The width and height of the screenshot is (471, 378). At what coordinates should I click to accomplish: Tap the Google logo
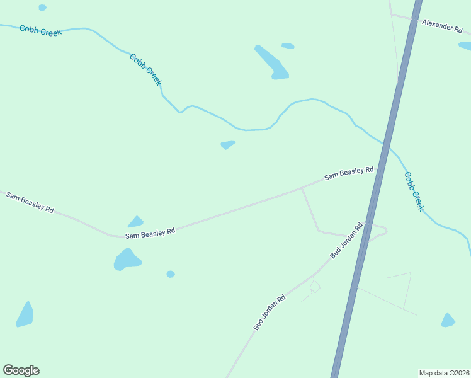pos(21,370)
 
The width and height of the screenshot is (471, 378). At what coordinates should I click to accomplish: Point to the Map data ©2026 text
pos(443,373)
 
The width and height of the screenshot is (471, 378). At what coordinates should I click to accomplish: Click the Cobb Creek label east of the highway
pos(414,192)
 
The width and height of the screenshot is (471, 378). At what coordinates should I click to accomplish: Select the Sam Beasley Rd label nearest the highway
pos(349,173)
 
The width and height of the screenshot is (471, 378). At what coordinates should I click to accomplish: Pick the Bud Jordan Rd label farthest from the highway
pos(270,312)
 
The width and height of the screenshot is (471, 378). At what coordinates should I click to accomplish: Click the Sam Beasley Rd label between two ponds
pos(150,234)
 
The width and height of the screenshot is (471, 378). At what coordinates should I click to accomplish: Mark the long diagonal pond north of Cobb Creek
pos(272,62)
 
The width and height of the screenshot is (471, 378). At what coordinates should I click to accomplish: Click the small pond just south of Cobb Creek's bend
pos(228,145)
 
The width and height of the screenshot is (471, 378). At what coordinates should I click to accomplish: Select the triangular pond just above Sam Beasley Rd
pos(135,222)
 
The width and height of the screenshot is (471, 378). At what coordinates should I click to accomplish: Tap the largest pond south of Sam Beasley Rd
pos(127,260)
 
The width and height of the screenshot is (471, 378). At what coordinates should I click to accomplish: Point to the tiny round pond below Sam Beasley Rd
pos(171,274)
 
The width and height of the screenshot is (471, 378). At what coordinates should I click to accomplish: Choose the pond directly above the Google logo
pos(25,315)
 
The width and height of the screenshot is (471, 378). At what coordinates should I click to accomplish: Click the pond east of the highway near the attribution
pos(448,321)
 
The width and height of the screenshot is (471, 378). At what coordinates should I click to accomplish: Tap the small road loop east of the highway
pos(378,231)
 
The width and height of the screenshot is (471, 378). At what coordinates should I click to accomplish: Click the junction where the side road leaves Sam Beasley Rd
pos(302,188)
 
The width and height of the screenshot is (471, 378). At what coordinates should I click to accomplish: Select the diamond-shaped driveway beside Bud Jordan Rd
pos(315,287)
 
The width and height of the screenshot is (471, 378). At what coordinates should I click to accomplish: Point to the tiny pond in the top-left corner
pos(42,8)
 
